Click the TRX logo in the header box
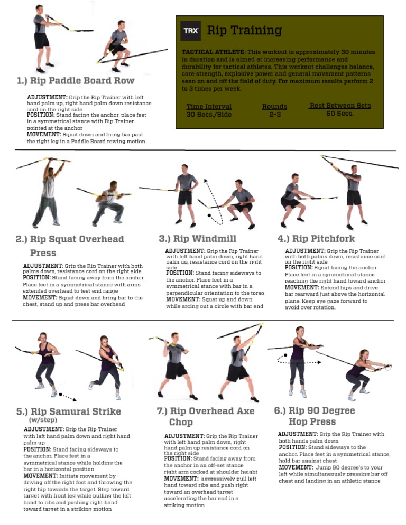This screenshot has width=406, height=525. (x=190, y=31)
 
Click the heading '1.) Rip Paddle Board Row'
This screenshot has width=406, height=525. (x=76, y=81)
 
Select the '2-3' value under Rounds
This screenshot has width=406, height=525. (x=275, y=115)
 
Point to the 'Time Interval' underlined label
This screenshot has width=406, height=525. (x=209, y=107)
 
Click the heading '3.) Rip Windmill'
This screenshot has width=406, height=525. (x=197, y=239)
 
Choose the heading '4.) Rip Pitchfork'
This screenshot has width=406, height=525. (x=316, y=239)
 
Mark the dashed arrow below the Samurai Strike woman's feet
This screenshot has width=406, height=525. (x=69, y=397)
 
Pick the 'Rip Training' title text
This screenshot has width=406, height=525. (x=244, y=31)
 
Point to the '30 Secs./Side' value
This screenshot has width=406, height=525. (x=209, y=115)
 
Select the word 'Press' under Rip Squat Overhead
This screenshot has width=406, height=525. (x=43, y=253)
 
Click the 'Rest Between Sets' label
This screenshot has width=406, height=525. (x=340, y=106)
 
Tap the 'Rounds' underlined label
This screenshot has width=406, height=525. (x=275, y=107)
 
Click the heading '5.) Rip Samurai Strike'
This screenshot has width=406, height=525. (x=69, y=411)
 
